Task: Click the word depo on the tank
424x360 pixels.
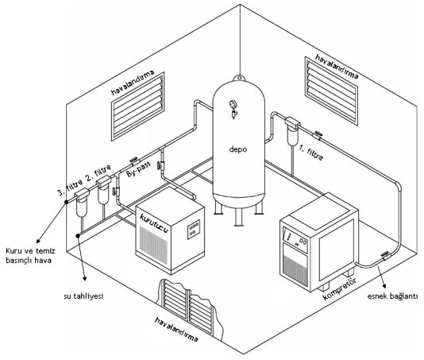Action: pyautogui.click(x=238, y=149)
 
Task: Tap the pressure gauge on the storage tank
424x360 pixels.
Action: pyautogui.click(x=233, y=104)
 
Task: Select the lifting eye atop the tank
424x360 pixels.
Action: pyautogui.click(x=239, y=79)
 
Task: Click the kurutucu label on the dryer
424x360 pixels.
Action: pyautogui.click(x=154, y=223)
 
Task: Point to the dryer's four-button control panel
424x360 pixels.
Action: pyautogui.click(x=194, y=229)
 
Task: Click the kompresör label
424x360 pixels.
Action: pyautogui.click(x=340, y=288)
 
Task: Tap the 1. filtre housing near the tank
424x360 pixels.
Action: pyautogui.click(x=292, y=131)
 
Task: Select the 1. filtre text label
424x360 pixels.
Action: pyautogui.click(x=311, y=152)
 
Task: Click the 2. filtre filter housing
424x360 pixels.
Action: pyautogui.click(x=103, y=189)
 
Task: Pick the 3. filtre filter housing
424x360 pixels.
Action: pyautogui.click(x=82, y=203)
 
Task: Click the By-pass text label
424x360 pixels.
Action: pyautogui.click(x=138, y=168)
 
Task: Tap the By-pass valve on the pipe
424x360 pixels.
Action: pyautogui.click(x=134, y=161)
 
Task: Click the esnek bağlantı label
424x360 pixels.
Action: pyautogui.click(x=392, y=296)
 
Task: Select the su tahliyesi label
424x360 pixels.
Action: pyautogui.click(x=84, y=296)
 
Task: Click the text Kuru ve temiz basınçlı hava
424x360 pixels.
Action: pyautogui.click(x=30, y=256)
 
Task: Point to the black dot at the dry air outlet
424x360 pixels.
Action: pyautogui.click(x=66, y=202)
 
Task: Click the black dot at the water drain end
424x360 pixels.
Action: pyautogui.click(x=78, y=235)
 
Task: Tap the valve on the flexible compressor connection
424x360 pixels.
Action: pyautogui.click(x=385, y=255)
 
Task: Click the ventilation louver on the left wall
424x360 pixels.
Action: pyautogui.click(x=138, y=106)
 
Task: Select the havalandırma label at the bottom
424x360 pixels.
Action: pyautogui.click(x=176, y=330)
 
